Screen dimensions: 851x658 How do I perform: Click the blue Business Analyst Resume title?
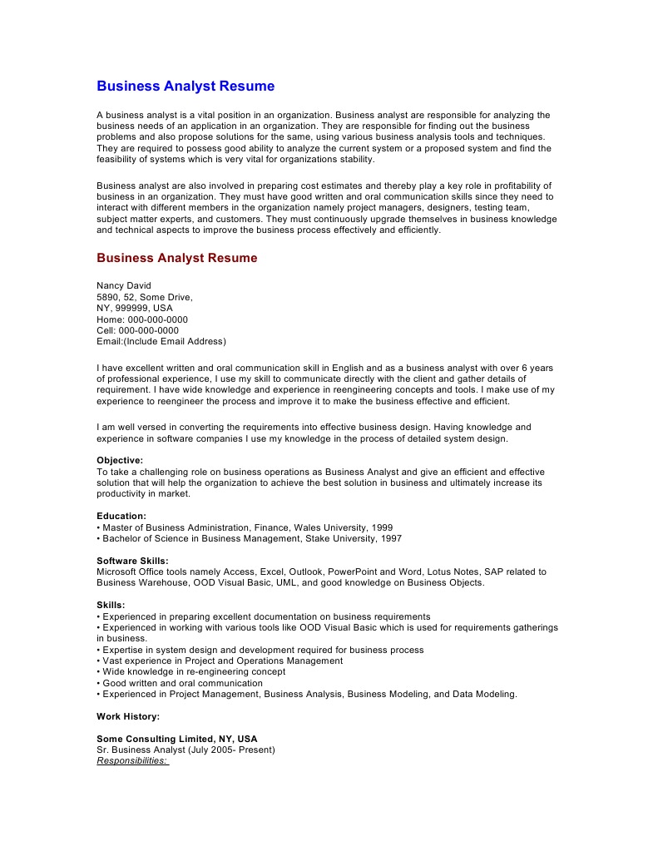coord(186,87)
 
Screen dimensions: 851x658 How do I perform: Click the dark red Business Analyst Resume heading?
coord(177,258)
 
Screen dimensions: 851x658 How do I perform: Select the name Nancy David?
coord(124,285)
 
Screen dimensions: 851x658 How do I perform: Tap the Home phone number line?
coord(142,319)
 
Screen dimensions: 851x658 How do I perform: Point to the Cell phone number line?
coord(137,330)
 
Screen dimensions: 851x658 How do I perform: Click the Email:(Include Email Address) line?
coord(161,341)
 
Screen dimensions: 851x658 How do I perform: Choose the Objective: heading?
coord(120,460)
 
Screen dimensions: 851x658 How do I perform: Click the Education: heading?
coord(121,516)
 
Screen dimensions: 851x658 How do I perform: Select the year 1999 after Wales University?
coord(381,527)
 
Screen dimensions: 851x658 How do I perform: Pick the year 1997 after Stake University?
coord(390,538)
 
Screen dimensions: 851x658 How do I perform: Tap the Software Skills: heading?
coord(132,561)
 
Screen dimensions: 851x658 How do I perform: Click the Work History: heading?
coord(128,716)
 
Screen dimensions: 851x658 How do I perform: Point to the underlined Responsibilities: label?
coord(132,760)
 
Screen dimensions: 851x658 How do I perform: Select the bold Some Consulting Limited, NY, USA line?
coord(177,739)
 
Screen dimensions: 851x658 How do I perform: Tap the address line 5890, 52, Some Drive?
coord(145,297)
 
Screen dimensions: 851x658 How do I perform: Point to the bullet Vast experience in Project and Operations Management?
coord(220,661)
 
